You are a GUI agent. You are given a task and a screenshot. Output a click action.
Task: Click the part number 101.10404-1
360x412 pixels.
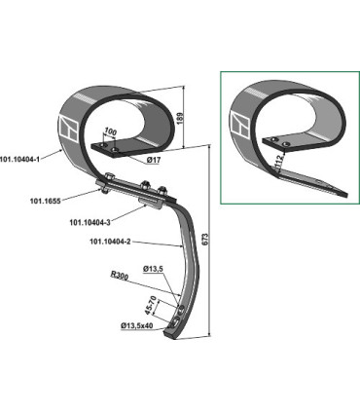click(x=20, y=160)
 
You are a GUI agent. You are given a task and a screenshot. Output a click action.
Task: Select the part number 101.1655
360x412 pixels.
click(x=46, y=201)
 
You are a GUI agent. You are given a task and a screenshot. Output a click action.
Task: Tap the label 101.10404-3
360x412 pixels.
click(x=90, y=222)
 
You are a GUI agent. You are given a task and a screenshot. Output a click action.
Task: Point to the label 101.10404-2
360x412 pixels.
click(x=110, y=242)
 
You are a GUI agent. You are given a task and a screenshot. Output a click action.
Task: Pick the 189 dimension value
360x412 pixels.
click(x=181, y=118)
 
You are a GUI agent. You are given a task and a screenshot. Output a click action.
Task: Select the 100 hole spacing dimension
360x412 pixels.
click(x=110, y=132)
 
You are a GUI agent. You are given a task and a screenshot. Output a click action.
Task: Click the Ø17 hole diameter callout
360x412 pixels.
click(x=154, y=160)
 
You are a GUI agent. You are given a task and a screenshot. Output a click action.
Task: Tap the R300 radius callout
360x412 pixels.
click(x=120, y=276)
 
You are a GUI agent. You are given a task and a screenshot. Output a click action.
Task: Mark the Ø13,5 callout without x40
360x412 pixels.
click(x=153, y=269)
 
